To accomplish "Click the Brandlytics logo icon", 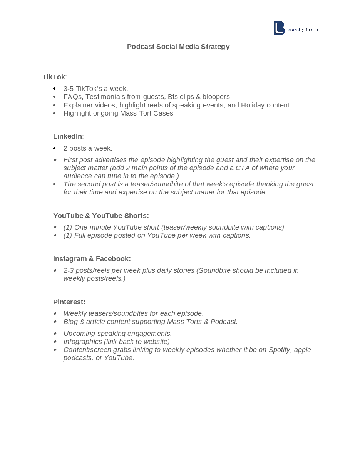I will (x=279, y=28).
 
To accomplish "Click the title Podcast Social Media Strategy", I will (x=178, y=47).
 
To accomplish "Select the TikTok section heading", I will (x=54, y=77).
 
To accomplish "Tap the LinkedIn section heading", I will (x=67, y=136).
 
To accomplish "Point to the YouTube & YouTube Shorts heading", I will (x=101, y=216).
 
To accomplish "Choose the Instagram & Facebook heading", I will (x=92, y=259).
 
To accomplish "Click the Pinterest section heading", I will (x=69, y=302).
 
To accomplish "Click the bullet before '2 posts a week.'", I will (x=55, y=148).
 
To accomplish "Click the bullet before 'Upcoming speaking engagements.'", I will (x=55, y=334).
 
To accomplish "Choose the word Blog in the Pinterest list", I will (x=70, y=322).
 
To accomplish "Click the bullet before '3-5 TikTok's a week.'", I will (x=55, y=89).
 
